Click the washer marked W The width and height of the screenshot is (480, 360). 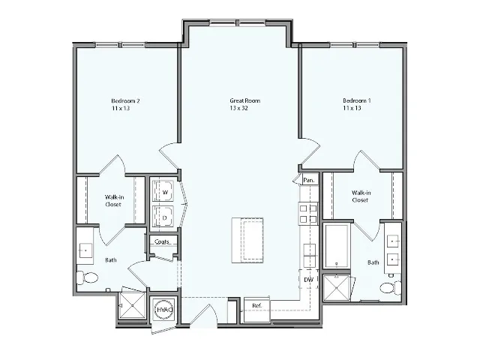pos(164,192)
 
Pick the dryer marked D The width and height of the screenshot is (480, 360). pos(164,217)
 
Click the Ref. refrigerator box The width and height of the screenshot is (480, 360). pos(256,306)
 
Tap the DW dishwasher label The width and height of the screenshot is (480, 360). pos(308,280)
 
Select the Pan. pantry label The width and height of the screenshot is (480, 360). pos(308,180)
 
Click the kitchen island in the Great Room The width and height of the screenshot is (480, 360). pos(247,240)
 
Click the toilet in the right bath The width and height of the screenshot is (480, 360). pos(388,288)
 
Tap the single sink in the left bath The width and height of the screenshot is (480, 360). pos(85,250)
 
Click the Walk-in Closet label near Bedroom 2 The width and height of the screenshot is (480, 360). pos(113,200)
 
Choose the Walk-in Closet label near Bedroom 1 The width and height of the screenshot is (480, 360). pos(360,196)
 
